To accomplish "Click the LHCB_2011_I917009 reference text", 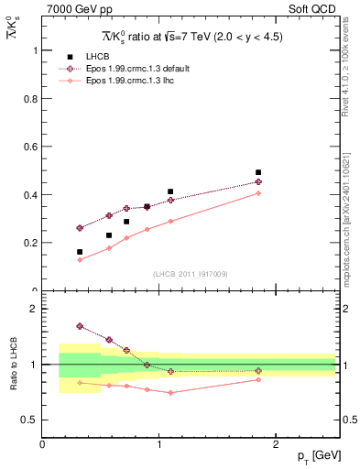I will coord(189,274).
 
